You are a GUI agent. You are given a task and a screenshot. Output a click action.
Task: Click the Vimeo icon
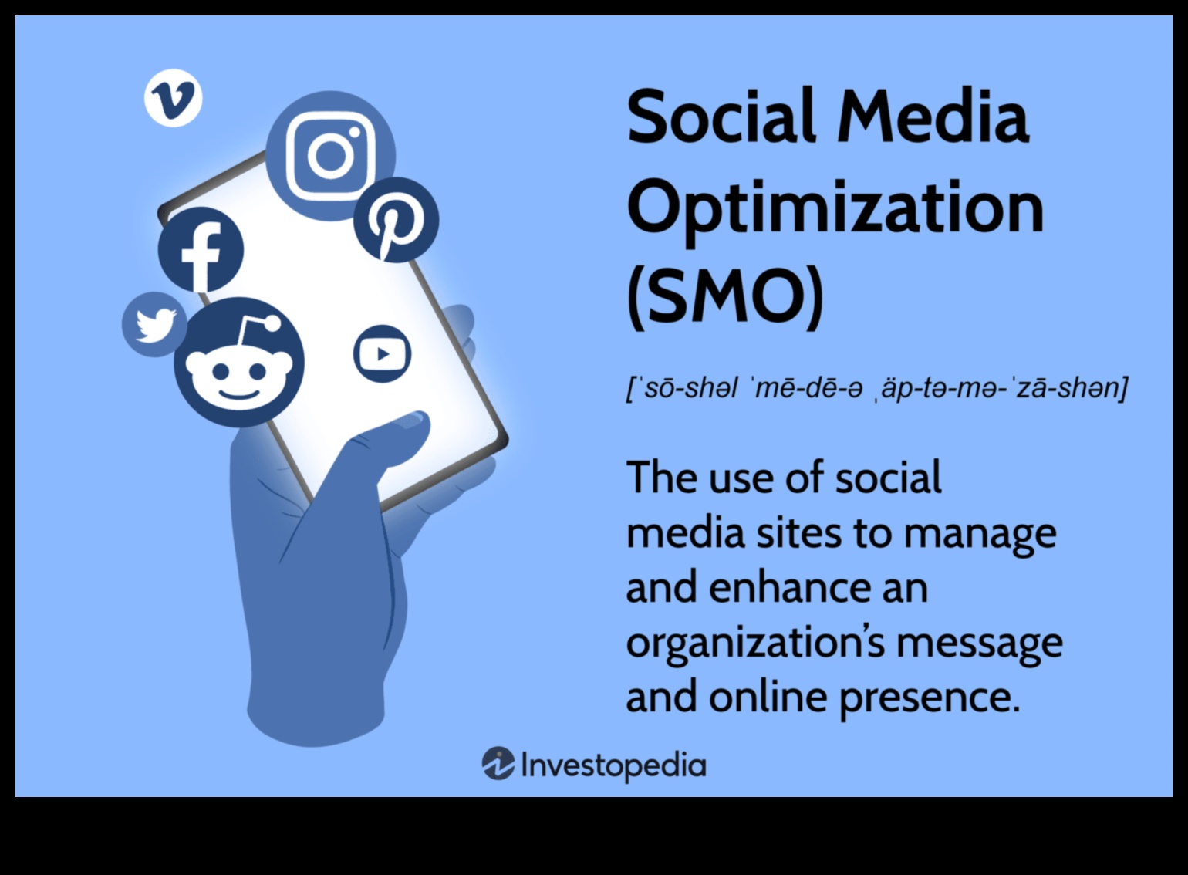[x=173, y=99]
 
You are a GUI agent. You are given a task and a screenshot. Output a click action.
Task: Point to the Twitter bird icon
[x=154, y=324]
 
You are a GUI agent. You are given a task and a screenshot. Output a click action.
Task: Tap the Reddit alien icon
[x=238, y=363]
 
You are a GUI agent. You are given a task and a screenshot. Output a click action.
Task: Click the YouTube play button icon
[x=382, y=354]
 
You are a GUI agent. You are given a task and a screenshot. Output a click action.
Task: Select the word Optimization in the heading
[x=835, y=207]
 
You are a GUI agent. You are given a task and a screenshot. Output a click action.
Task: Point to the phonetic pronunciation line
[x=876, y=387]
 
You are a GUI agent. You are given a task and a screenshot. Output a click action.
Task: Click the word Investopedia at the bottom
[x=613, y=765]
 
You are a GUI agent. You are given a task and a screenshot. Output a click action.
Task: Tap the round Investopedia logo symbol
[x=498, y=764]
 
